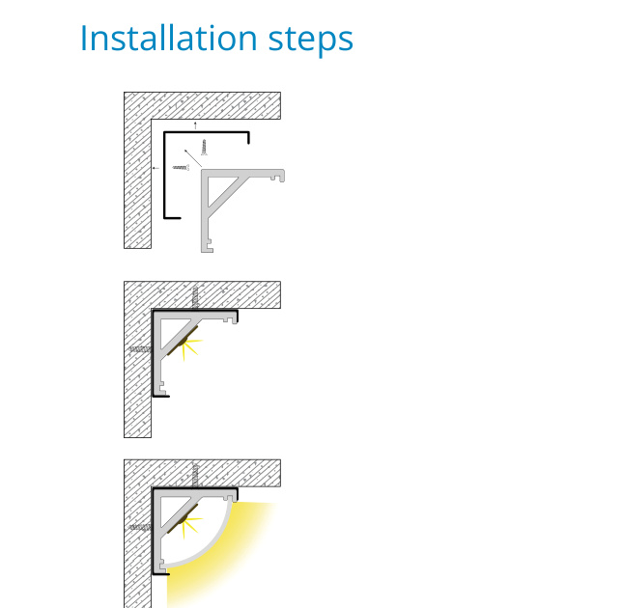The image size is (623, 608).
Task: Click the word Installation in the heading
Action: tap(169, 38)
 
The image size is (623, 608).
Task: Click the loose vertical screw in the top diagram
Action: tap(204, 148)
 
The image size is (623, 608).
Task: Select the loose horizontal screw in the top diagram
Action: tap(181, 168)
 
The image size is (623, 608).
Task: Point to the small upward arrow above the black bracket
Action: tap(195, 125)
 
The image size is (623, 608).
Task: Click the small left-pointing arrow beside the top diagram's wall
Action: tap(156, 168)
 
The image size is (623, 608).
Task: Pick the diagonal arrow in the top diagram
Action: tap(193, 157)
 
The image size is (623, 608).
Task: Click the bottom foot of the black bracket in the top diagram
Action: tap(173, 218)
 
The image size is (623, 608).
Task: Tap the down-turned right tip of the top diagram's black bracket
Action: tap(248, 138)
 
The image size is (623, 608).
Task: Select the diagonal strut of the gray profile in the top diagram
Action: tap(228, 196)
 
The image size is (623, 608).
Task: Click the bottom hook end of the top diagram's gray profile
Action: tap(207, 246)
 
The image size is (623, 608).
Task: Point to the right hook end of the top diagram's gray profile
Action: tap(278, 176)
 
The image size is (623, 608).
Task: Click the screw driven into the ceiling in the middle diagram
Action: tap(195, 297)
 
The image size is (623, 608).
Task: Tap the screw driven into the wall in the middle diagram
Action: tap(141, 349)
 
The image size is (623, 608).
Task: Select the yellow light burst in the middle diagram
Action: tap(191, 348)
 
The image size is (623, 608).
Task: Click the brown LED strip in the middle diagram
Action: tap(183, 341)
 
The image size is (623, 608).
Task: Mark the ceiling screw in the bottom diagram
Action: tap(195, 476)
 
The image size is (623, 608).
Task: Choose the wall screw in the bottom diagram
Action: tap(141, 528)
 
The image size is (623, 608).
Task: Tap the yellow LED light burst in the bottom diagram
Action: tap(191, 527)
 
